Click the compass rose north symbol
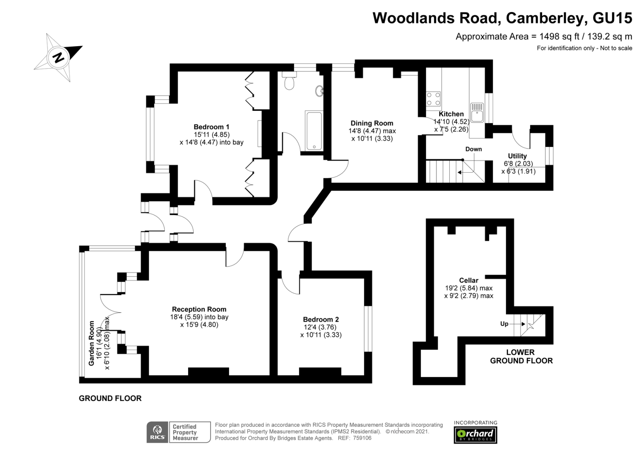click(x=59, y=57)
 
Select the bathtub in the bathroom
click(x=313, y=131)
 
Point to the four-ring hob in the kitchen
click(x=433, y=99)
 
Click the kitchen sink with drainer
click(x=477, y=112)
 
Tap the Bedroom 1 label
click(x=211, y=127)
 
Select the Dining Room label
click(x=372, y=123)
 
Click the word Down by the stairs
click(x=473, y=149)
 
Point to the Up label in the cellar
click(x=504, y=324)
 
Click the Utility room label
click(x=517, y=156)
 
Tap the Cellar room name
click(x=469, y=280)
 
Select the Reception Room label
click(x=199, y=309)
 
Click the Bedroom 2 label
click(x=321, y=320)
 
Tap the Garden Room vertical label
click(x=92, y=343)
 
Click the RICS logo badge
click(x=157, y=432)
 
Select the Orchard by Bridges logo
click(x=475, y=434)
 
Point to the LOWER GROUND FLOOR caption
click(x=521, y=356)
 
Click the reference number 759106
click(x=362, y=438)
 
